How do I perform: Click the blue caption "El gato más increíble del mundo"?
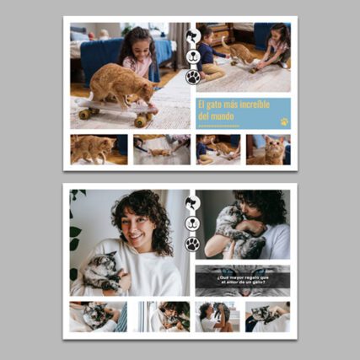coord(233,110)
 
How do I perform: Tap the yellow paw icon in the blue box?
coord(284,121)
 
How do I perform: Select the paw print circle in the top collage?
coord(193,76)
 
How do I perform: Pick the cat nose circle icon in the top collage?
coord(193,56)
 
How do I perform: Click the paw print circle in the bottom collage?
coord(193,244)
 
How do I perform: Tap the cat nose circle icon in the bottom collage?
coord(193,224)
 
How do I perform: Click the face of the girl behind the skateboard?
coord(137,42)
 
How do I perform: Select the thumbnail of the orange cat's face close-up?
coord(268,149)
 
